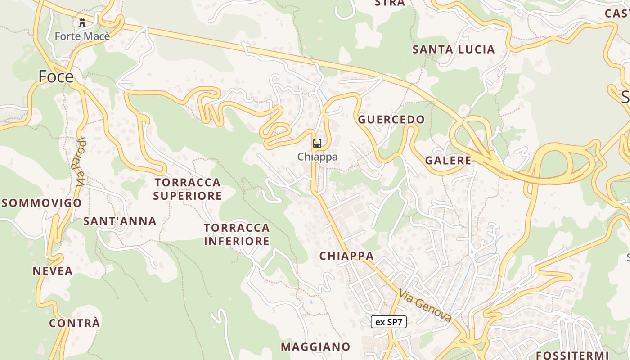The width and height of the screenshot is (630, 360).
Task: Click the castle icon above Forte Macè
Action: click(82, 23)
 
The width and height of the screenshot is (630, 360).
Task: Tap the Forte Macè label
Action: click(82, 36)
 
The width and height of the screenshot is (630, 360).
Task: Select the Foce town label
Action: click(56, 76)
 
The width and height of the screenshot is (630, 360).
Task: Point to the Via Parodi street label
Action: click(80, 162)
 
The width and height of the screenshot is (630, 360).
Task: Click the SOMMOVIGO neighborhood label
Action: click(42, 203)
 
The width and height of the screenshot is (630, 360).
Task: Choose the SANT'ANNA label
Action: click(120, 221)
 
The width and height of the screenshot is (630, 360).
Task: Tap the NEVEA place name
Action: click(53, 270)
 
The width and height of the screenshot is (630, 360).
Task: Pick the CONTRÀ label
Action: click(74, 323)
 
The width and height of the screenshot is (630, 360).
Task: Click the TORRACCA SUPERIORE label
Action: click(187, 189)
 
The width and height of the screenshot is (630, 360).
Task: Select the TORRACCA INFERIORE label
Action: click(237, 234)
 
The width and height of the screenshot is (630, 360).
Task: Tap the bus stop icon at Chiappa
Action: click(317, 144)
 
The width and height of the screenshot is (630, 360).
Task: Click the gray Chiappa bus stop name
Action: click(317, 157)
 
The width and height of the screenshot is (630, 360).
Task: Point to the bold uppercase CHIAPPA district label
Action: click(346, 256)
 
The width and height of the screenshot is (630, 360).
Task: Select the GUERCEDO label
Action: click(391, 119)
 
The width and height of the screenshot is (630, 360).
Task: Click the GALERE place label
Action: click(448, 160)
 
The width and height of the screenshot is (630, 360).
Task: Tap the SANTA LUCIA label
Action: click(454, 49)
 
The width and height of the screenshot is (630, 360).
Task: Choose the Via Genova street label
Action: click(425, 306)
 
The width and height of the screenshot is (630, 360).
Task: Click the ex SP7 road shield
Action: click(389, 322)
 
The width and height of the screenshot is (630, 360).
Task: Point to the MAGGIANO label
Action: click(315, 346)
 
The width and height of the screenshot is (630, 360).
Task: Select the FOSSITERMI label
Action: click(572, 355)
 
